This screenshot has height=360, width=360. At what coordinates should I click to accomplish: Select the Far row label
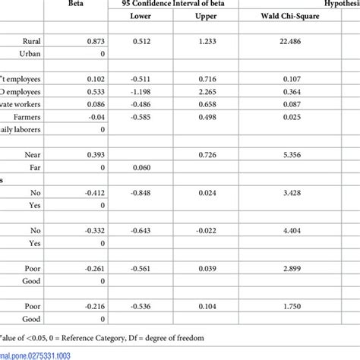point(34,188)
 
